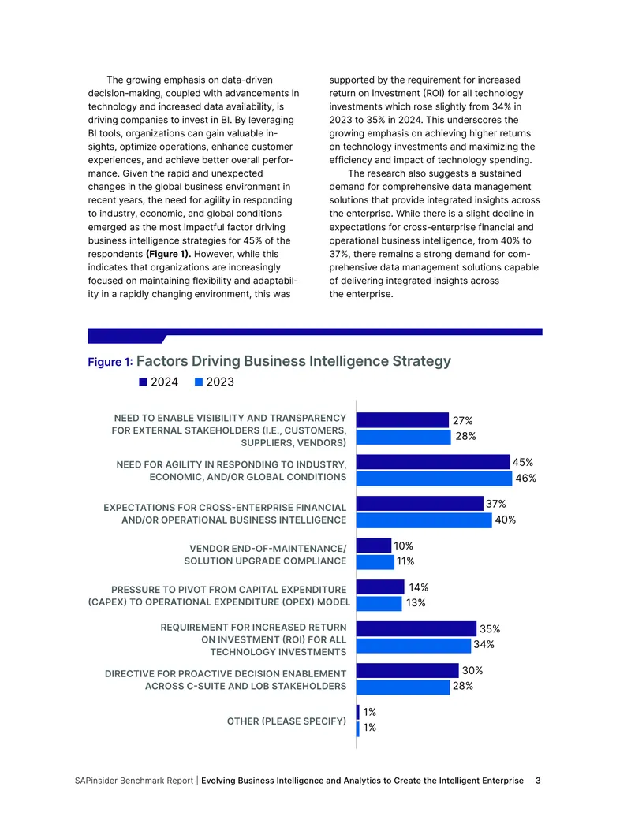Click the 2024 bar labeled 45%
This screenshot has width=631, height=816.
point(433,461)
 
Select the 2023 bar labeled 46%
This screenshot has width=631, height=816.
point(434,479)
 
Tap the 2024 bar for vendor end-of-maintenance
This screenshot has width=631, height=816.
point(374,546)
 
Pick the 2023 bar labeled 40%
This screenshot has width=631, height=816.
point(424,520)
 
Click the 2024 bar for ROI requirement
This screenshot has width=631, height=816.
point(416,628)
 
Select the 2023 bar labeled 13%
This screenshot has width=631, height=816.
point(379,604)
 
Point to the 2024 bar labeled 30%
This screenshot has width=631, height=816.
point(408,670)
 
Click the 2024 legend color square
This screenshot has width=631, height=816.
point(144,382)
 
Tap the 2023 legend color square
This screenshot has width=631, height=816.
point(198,382)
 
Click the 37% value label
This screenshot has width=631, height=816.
point(495,504)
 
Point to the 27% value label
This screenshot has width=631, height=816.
point(462,420)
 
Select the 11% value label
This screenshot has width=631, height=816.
point(405,561)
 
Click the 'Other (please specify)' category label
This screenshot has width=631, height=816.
point(286,721)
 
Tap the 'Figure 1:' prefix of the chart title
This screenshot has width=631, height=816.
point(110,362)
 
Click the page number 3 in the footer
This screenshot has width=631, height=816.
point(539,781)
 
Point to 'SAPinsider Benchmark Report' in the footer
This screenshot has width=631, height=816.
point(134,781)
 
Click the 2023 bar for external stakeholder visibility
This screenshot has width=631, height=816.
point(404,437)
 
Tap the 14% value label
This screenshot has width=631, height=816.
point(419,587)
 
